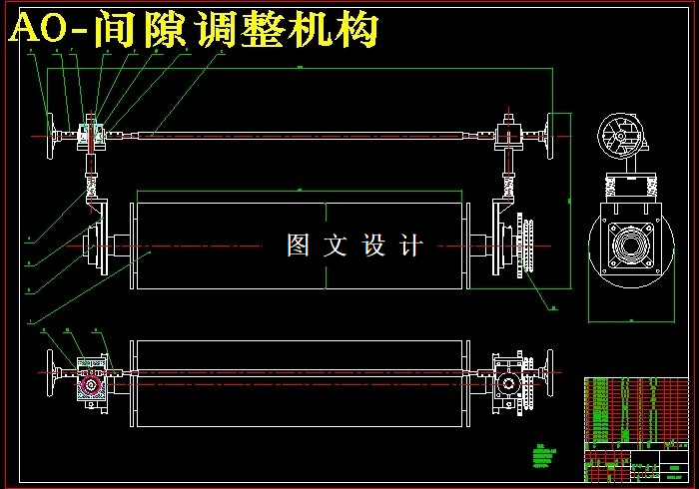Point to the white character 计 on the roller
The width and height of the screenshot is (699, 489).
(410, 244)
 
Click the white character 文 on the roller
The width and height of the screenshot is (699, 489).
(336, 244)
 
